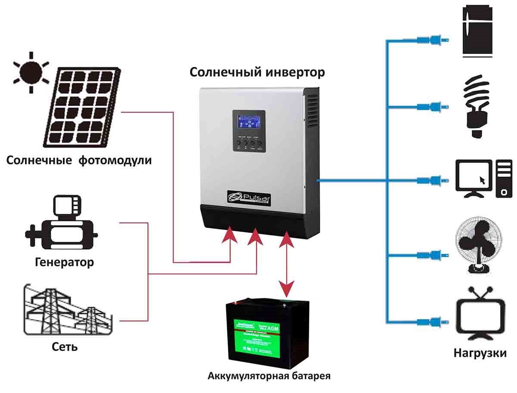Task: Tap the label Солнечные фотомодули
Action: pos(79,161)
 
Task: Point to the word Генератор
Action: pos(65,262)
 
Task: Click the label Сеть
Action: pos(65,346)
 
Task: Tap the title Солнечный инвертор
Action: pos(257,72)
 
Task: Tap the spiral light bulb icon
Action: pos(477,106)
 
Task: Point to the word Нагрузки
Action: pos(480,353)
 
